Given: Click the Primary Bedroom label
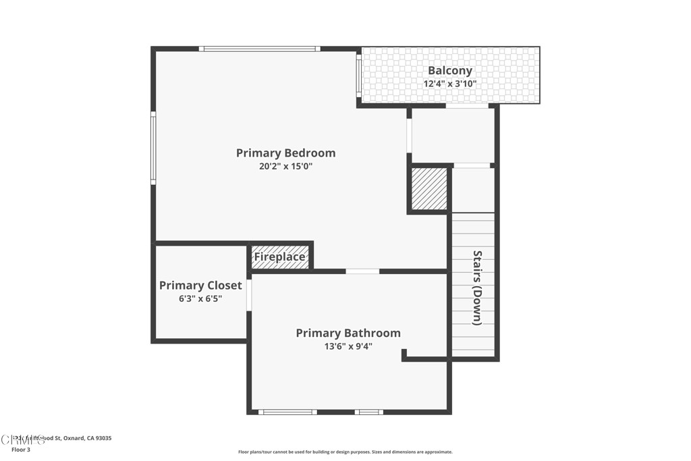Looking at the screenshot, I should pos(285,153).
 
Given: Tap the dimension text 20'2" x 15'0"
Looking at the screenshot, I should pos(285,166).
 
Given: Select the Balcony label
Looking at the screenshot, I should pos(450,70).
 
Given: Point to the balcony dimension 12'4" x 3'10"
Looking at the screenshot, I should pos(450,84).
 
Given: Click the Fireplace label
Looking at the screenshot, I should pos(279,257).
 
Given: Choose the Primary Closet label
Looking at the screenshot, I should pos(200,286).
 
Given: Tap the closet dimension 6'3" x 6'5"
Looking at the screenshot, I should pos(200,298).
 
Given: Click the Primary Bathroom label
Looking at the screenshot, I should pos(348,333).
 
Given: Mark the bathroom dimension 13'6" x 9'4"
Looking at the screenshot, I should pos(348,346).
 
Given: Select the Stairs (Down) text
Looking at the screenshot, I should pos(477,288).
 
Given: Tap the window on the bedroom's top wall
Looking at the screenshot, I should pos(259,49).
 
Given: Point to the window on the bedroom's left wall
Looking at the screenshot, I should pos(153,148).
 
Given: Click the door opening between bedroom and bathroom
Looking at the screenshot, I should pos(362,271).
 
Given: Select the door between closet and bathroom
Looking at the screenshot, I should pos(249,295).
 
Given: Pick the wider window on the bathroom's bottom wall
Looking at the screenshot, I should pos(287,412).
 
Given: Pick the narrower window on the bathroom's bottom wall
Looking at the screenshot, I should pos(369,412).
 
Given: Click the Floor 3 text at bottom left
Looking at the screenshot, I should pos(21,450).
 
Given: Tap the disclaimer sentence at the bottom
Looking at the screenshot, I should pos(345,452).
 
